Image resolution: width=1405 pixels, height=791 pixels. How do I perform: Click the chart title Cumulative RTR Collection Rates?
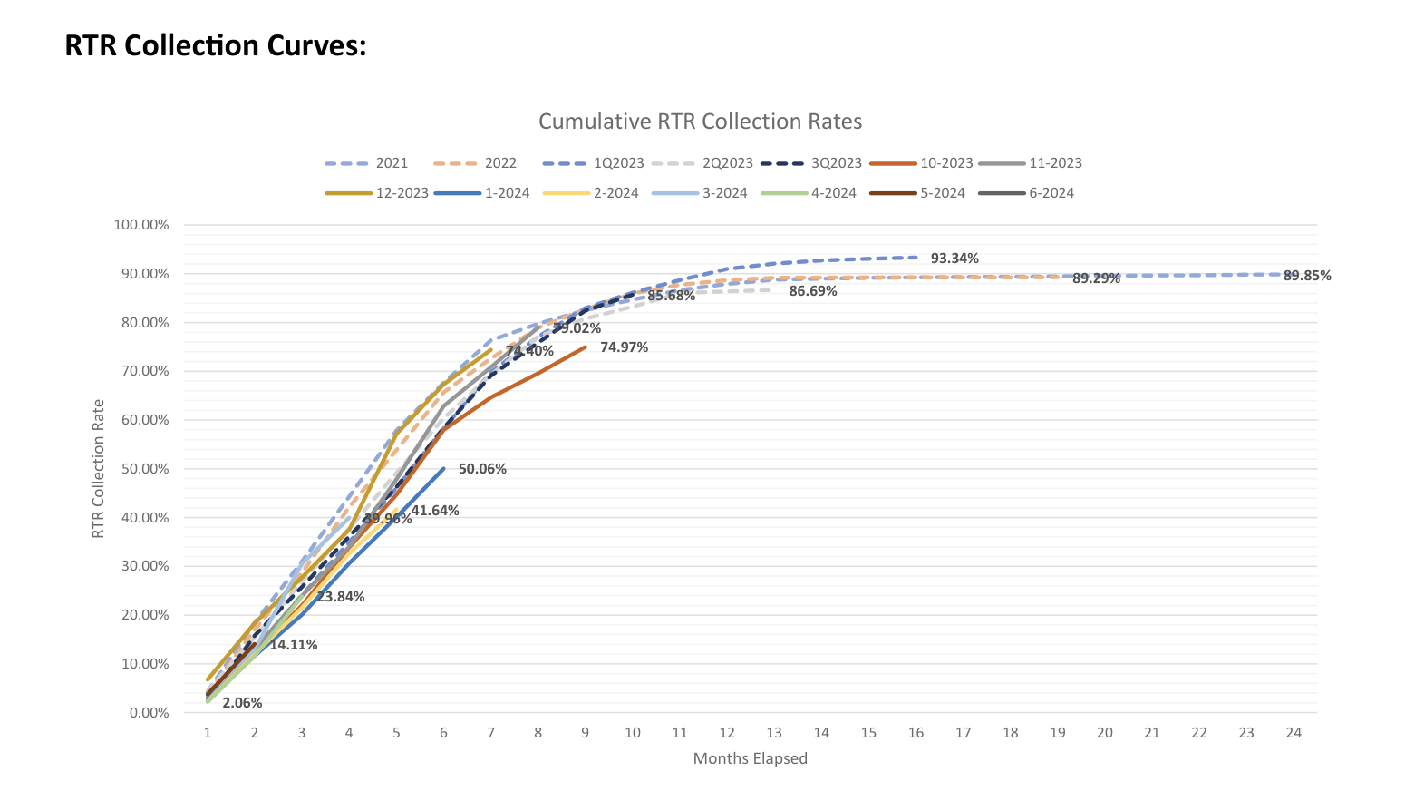click(x=700, y=122)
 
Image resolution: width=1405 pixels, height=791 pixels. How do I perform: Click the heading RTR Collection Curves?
click(x=216, y=45)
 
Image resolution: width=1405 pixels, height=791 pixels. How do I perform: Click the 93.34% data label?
click(x=954, y=259)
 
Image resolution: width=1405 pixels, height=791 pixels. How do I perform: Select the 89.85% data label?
click(x=1307, y=276)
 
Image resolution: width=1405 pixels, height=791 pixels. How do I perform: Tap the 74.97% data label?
click(x=624, y=347)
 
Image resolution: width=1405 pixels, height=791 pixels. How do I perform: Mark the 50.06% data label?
click(x=482, y=469)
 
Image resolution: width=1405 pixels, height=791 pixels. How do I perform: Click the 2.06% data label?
click(x=242, y=703)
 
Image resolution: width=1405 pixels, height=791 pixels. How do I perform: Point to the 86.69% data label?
click(x=813, y=291)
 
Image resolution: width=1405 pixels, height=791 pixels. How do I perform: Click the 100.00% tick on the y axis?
click(x=141, y=225)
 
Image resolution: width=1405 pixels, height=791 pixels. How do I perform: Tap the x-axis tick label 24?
click(x=1294, y=733)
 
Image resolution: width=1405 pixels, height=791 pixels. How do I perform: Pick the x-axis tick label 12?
click(x=727, y=733)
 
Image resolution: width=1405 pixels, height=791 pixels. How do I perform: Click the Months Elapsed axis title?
click(x=750, y=758)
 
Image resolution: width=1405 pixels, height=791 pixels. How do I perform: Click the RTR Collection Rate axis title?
click(x=99, y=468)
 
